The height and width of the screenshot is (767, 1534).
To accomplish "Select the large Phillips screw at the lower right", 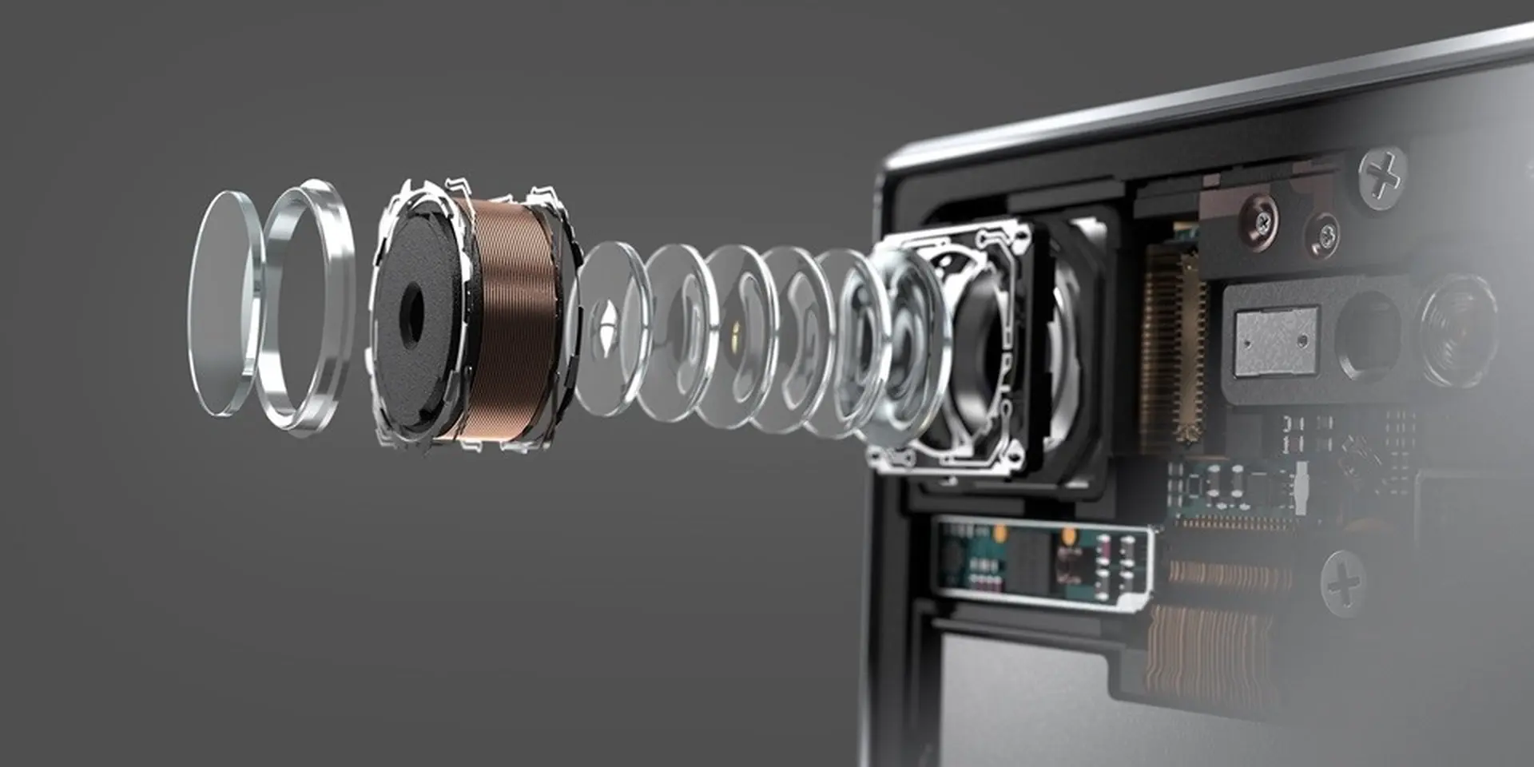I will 1345,583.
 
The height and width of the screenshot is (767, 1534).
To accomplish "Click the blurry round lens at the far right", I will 1459,328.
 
